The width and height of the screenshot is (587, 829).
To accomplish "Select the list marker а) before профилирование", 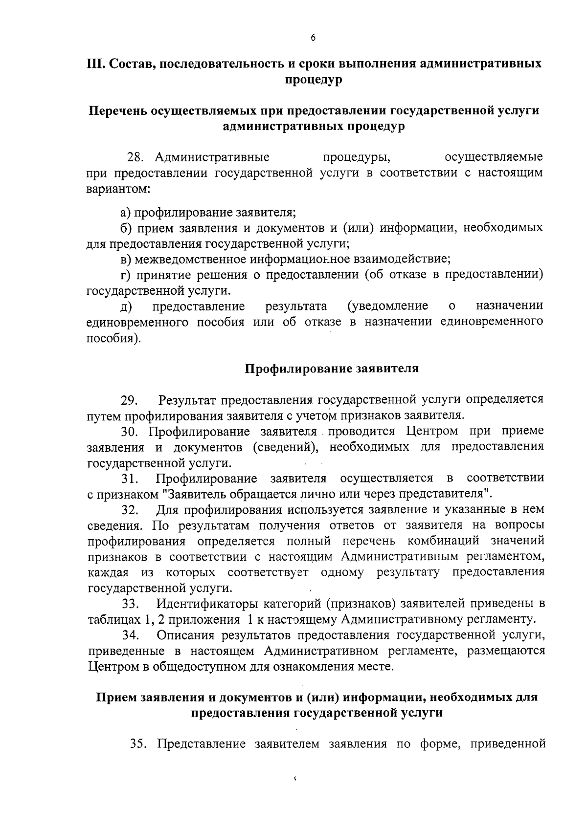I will (126, 213).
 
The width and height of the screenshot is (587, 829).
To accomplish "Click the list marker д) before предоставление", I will (126, 306).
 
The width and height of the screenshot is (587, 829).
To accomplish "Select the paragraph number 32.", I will (130, 510).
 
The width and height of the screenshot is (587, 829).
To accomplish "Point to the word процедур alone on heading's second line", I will (313, 80).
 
